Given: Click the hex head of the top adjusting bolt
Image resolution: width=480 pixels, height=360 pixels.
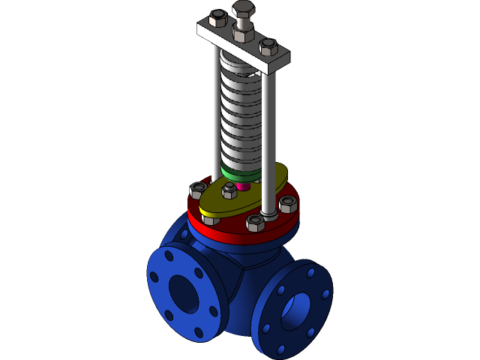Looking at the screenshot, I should [243, 9].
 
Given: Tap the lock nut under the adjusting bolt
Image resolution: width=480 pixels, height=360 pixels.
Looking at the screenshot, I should [241, 34].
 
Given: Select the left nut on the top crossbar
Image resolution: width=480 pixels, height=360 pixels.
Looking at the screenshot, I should [218, 19].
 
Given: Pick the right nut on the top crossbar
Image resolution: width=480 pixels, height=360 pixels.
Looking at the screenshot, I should [268, 47].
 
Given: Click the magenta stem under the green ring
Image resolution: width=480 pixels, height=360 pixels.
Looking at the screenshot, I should [241, 185].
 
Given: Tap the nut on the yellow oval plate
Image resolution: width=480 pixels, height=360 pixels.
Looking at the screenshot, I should [229, 192].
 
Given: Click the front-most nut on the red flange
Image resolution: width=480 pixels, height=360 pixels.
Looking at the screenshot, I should [256, 223].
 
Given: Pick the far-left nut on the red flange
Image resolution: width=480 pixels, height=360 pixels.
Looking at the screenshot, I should [199, 189].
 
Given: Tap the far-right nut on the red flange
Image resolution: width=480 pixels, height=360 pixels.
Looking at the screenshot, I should [288, 203].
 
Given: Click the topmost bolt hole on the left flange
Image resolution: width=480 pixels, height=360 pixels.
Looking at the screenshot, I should [169, 256].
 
